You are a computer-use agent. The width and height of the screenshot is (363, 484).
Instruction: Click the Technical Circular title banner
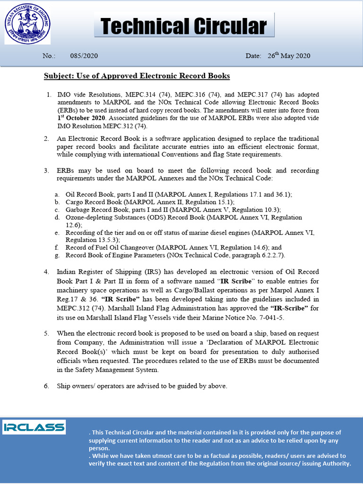[x=184, y=26]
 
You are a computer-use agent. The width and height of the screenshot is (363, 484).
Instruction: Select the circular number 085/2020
[x=84, y=56]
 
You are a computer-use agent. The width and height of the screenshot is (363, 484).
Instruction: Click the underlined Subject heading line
[x=137, y=76]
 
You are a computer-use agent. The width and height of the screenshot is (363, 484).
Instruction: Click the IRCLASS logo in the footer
[x=34, y=427]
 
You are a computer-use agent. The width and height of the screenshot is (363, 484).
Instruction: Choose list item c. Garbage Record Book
[x=173, y=209]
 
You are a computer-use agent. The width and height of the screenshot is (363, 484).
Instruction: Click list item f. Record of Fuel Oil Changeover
[x=173, y=247]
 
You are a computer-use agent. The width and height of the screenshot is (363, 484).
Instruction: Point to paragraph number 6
[x=46, y=386]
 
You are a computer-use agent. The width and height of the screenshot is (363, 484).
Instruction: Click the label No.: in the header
[x=49, y=56]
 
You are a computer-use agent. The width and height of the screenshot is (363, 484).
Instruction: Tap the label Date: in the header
[x=253, y=56]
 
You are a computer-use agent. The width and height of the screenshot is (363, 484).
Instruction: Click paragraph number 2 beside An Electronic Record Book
[x=46, y=139]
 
